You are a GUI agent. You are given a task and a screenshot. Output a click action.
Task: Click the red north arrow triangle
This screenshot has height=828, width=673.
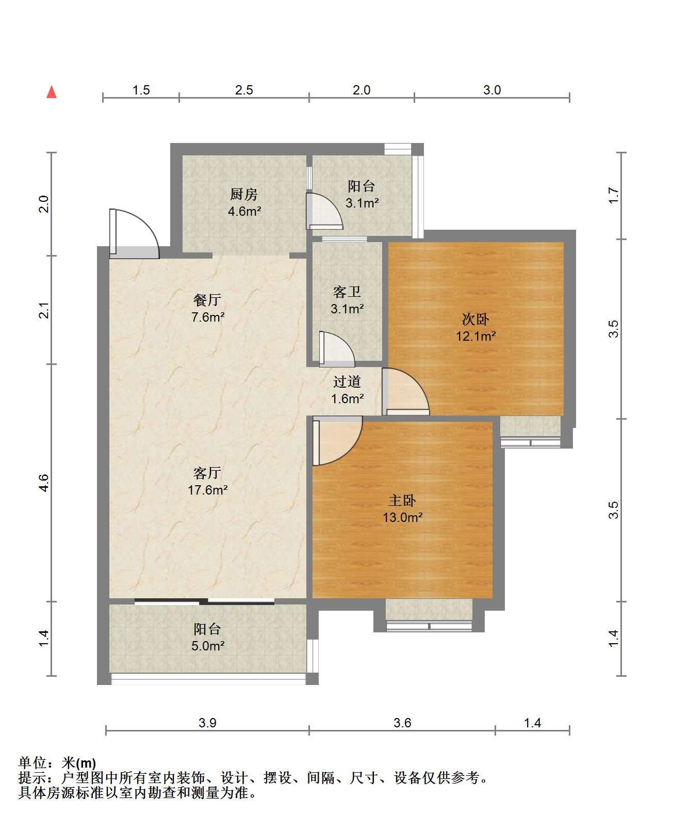tap(52, 92)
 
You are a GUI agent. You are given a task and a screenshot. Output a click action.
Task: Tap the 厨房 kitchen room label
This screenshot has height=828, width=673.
tap(243, 195)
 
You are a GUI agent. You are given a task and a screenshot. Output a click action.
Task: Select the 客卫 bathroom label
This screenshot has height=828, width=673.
tap(347, 292)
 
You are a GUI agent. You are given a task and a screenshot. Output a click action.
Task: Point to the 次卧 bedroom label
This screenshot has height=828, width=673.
tap(475, 319)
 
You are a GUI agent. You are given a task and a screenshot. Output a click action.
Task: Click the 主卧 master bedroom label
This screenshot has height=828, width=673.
tap(402, 500)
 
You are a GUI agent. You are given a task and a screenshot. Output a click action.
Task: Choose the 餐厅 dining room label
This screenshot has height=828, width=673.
tap(207, 300)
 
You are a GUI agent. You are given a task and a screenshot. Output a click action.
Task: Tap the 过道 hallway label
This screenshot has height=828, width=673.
tap(347, 381)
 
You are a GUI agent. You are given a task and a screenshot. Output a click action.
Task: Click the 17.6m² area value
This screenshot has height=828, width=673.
tap(208, 490)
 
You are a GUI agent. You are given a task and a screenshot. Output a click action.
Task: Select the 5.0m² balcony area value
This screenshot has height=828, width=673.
tap(208, 646)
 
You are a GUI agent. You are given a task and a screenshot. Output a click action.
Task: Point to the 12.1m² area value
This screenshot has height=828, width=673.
tap(475, 336)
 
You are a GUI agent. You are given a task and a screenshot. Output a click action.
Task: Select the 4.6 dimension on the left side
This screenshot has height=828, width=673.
tap(44, 483)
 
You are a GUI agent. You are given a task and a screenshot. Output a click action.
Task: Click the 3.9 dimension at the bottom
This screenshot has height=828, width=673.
tap(207, 723)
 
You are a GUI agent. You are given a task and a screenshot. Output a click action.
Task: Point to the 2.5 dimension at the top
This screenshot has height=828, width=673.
tap(244, 90)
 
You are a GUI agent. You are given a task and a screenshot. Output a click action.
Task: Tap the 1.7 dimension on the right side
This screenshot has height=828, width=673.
tap(613, 195)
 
